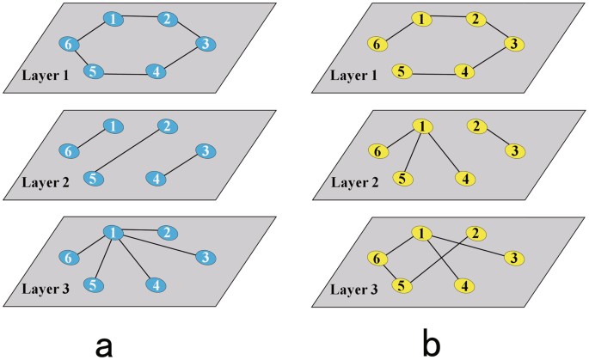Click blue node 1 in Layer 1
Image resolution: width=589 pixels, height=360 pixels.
pyautogui.click(x=112, y=19)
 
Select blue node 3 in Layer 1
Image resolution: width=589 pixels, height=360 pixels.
pyautogui.click(x=205, y=44)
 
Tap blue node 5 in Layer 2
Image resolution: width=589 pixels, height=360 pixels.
pyautogui.click(x=90, y=178)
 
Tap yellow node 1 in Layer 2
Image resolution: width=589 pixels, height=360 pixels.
pyautogui.click(x=422, y=126)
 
